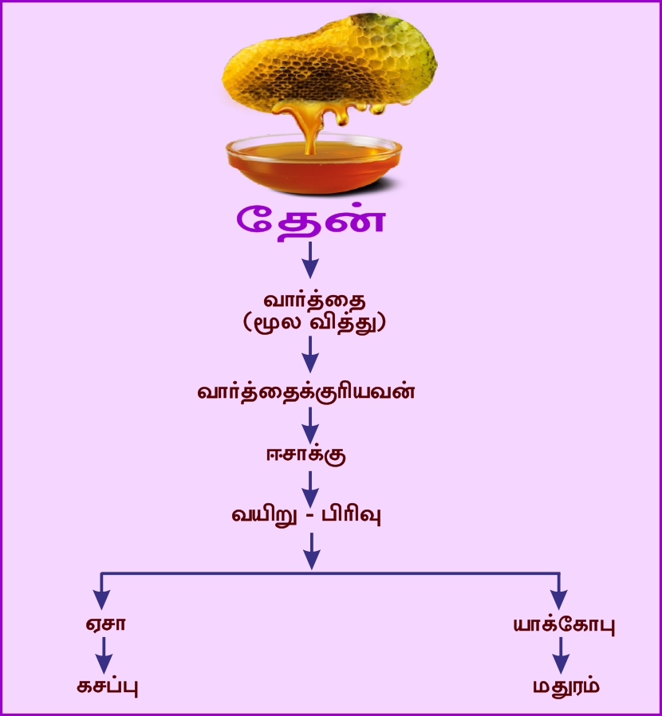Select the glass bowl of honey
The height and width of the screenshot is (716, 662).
point(312,159)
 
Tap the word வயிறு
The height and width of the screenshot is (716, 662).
point(264,515)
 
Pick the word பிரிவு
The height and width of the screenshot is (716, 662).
point(351,515)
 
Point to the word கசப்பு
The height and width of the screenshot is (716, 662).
point(102,686)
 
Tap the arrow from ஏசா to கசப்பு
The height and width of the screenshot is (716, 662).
point(102,656)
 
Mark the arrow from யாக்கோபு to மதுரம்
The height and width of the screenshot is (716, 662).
point(561,656)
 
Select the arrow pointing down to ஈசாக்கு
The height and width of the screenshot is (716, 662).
point(311,424)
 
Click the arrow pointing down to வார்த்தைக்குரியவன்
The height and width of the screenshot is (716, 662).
point(311,355)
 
